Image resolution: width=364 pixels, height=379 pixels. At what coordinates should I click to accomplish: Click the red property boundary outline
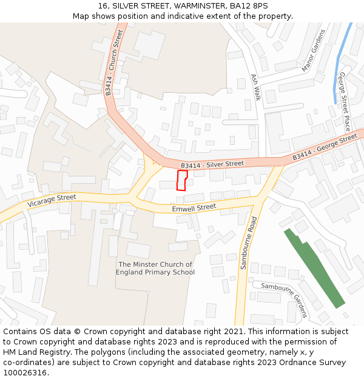coord(182,180)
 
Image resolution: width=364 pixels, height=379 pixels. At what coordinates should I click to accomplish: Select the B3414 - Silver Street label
coord(212,164)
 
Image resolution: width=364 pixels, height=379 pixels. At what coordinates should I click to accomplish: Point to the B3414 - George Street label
coord(325,148)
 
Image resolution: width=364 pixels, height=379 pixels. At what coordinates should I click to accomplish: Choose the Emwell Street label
coord(194,207)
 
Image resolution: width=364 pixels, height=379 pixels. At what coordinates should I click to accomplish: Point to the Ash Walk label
coord(256,87)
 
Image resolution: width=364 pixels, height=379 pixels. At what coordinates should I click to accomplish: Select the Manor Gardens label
coord(314,50)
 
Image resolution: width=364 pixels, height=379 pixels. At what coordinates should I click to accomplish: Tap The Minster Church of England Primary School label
coord(155,269)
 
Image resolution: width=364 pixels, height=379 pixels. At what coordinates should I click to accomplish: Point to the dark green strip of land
coord(314,267)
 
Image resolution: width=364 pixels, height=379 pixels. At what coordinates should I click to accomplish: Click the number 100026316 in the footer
coord(24,373)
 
